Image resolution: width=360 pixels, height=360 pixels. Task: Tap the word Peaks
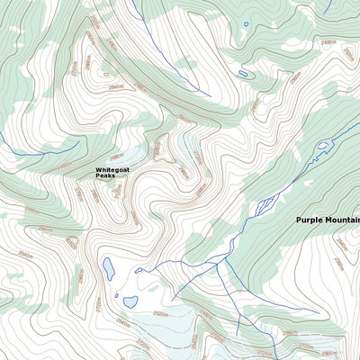point(106,175)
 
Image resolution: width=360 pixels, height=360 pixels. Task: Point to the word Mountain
point(346,220)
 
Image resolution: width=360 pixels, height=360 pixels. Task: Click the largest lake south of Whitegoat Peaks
point(109,268)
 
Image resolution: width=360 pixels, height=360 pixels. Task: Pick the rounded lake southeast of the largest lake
point(130,301)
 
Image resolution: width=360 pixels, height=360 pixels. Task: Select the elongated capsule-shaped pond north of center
point(243,73)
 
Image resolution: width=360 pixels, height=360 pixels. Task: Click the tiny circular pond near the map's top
point(246,24)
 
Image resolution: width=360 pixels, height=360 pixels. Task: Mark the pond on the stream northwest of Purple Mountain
point(321,144)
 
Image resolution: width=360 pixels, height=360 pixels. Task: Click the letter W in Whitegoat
point(98,169)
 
